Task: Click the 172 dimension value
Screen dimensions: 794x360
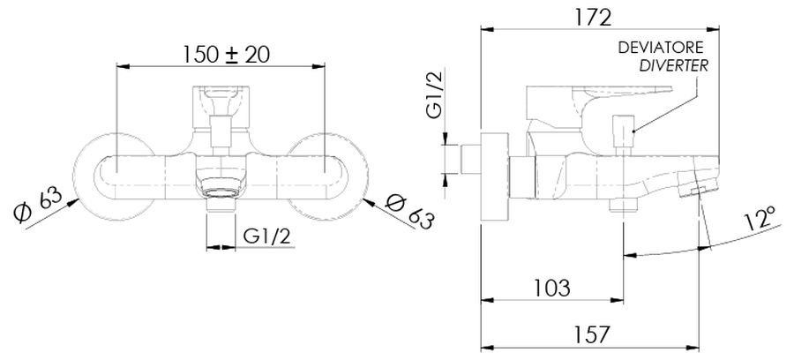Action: (x=593, y=18)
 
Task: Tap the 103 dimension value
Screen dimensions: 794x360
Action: (x=552, y=289)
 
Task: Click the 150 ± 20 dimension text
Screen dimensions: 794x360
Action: (x=227, y=55)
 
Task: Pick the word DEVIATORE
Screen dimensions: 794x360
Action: (x=661, y=49)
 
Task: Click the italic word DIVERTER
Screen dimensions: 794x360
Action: (x=673, y=66)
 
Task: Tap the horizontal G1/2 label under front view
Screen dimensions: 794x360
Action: (x=266, y=236)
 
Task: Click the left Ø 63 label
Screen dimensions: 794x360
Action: (x=38, y=204)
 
